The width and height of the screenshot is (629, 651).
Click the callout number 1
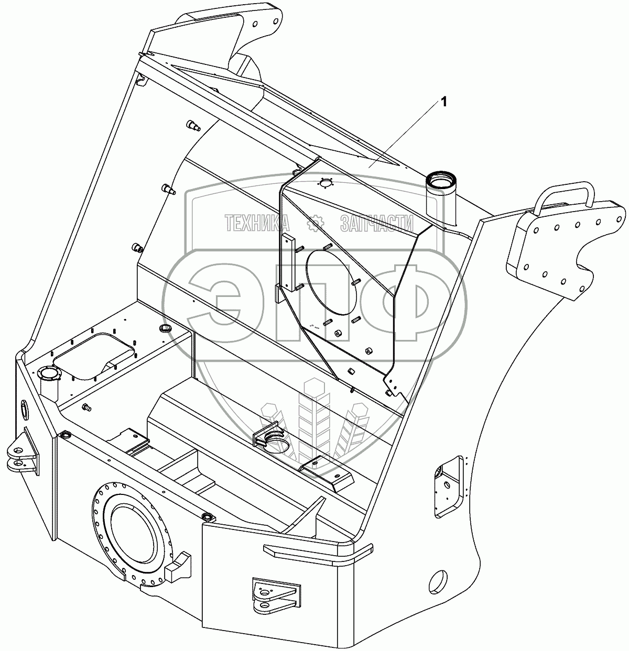(x=444, y=103)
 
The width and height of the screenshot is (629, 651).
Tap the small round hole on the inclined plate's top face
(x=326, y=183)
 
